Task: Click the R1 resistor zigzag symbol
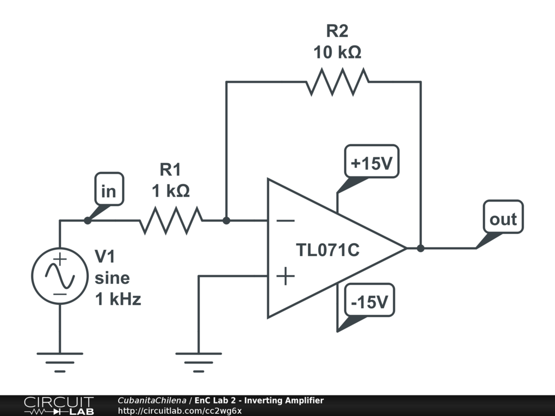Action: [171, 220]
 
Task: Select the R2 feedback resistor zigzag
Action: [337, 82]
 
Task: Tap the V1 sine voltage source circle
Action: [60, 275]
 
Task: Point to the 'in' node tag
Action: [109, 191]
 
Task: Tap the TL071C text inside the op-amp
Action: [327, 250]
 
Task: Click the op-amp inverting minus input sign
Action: [285, 220]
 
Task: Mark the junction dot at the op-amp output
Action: [421, 249]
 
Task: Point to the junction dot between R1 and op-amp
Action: [227, 220]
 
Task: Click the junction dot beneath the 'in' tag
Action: [87, 220]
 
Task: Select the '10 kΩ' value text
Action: [337, 53]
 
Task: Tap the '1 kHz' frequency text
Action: [118, 298]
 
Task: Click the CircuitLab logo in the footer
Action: [59, 406]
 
